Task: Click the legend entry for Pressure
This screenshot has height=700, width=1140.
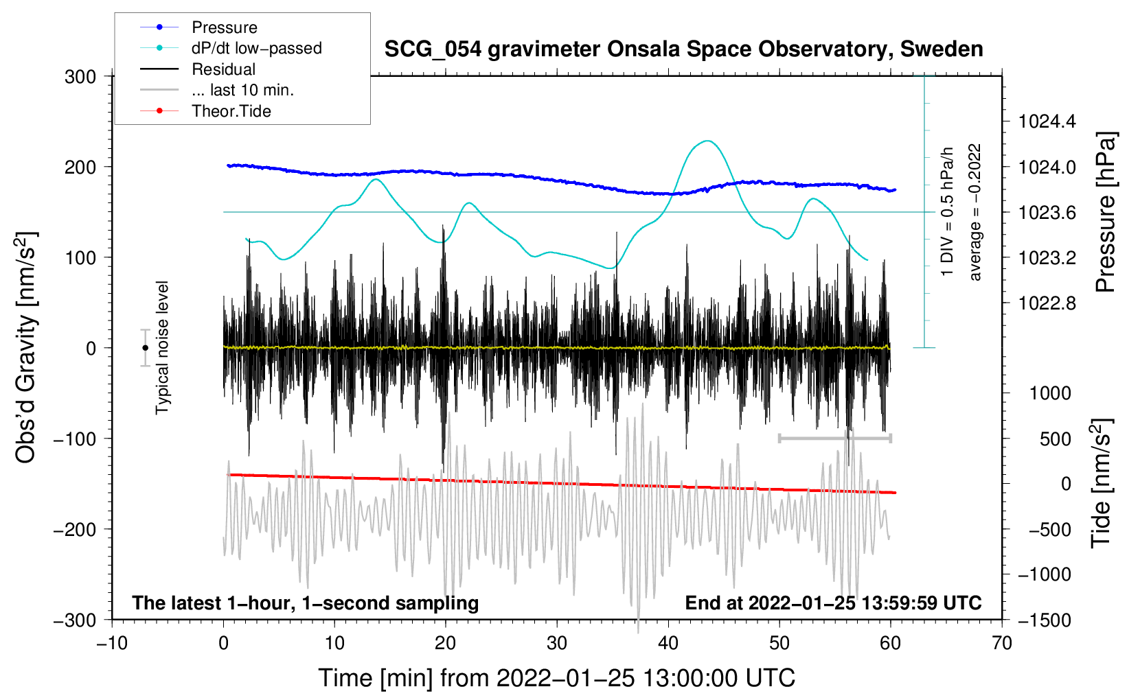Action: [x=198, y=27]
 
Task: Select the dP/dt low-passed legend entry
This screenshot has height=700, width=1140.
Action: [x=231, y=48]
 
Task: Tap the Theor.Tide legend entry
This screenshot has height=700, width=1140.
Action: [x=205, y=111]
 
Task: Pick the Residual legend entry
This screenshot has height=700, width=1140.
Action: [x=198, y=69]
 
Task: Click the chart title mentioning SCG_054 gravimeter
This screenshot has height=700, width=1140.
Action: [x=683, y=49]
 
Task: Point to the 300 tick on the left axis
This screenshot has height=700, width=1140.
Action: [x=80, y=77]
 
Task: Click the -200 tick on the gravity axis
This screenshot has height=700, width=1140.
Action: [x=75, y=530]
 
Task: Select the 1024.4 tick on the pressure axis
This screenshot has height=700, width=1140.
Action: [x=1047, y=121]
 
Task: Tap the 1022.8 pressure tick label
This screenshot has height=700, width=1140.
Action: [x=1047, y=303]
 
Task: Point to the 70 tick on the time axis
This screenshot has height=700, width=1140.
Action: [x=1001, y=643]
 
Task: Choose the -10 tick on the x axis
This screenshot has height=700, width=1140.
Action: [x=112, y=643]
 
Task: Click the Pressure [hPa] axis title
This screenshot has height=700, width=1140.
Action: [x=1106, y=212]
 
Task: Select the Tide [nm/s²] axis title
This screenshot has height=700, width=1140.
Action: [x=1102, y=483]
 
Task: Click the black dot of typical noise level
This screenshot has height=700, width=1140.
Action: [x=145, y=348]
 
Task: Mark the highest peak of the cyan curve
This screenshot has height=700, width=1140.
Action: [x=707, y=141]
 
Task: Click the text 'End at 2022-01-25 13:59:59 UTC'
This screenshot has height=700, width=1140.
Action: [x=833, y=603]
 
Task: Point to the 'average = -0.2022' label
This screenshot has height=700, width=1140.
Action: [x=974, y=212]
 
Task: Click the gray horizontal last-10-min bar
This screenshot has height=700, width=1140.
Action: [x=835, y=438]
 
